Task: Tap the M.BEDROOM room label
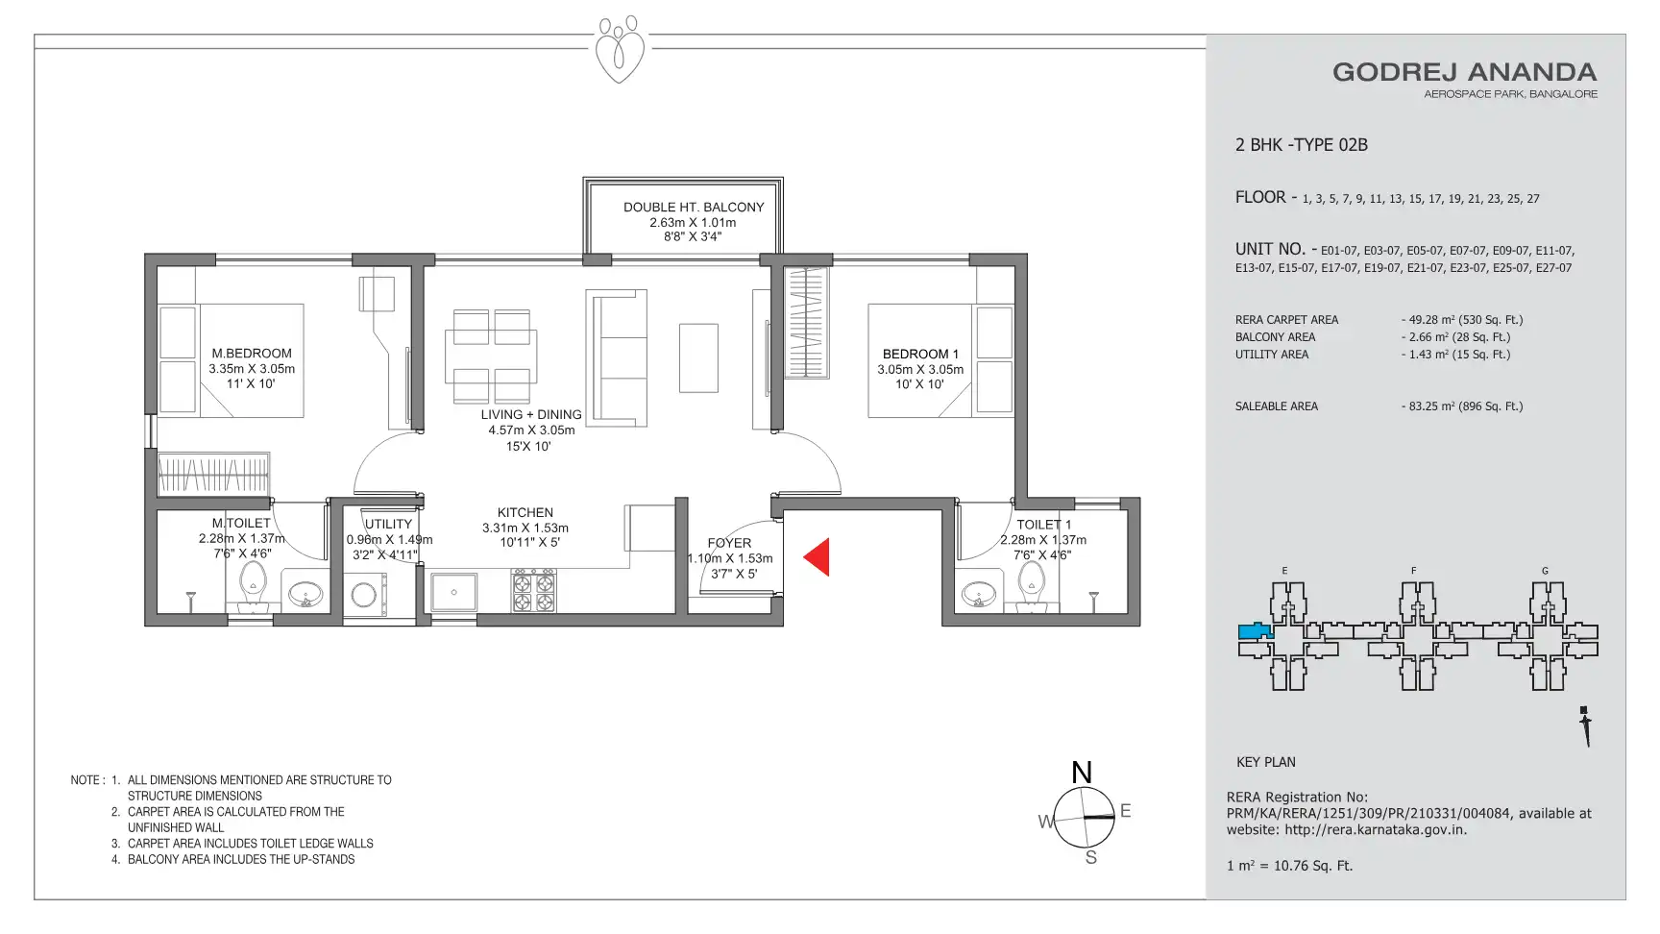pos(252,354)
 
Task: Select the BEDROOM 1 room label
pos(920,354)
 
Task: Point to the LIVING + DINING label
pos(531,415)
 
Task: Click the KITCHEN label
pos(525,512)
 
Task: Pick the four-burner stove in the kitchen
pos(533,591)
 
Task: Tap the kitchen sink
pos(454,592)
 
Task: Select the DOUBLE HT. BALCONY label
pos(694,207)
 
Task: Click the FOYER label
pos(729,543)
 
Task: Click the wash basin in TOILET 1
pos(979,593)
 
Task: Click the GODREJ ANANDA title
pos(1464,72)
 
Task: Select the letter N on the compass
pos(1082,773)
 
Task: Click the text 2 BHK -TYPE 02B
pos(1302,145)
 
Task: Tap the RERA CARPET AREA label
pos(1286,320)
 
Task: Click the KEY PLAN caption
pos(1266,762)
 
